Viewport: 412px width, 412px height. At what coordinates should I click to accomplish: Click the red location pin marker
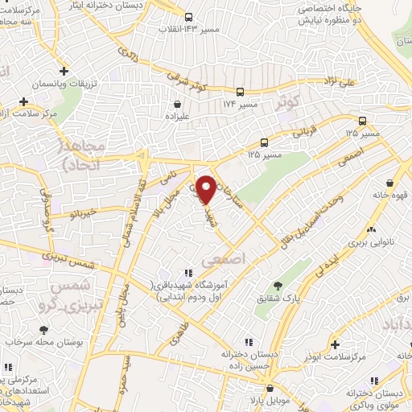(x=207, y=189)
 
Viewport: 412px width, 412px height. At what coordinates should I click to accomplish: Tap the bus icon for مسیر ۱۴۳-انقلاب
(x=188, y=17)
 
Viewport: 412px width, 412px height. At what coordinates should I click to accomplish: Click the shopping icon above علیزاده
(x=178, y=103)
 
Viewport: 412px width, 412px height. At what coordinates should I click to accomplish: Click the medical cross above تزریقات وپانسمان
(x=63, y=70)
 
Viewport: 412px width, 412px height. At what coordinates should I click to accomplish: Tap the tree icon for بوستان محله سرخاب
(x=43, y=329)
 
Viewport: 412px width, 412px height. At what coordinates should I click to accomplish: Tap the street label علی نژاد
(x=335, y=80)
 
